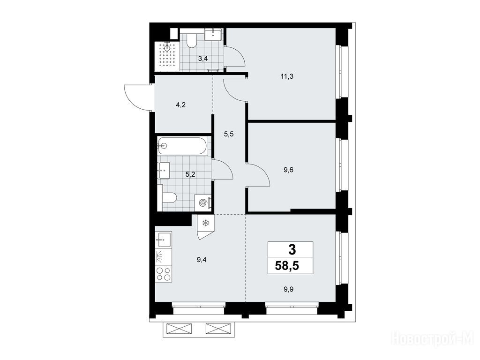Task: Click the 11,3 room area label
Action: (x=287, y=76)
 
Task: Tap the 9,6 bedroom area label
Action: (x=288, y=170)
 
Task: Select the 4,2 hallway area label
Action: (x=180, y=105)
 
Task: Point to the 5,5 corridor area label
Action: (x=229, y=134)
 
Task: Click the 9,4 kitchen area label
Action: (x=202, y=260)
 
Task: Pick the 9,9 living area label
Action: (x=288, y=289)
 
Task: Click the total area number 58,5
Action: (x=287, y=266)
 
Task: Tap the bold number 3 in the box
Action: (x=292, y=250)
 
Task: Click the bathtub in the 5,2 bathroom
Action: (x=184, y=145)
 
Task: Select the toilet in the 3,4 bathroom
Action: (x=192, y=40)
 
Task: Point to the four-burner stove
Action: (x=164, y=274)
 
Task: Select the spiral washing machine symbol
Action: (x=203, y=202)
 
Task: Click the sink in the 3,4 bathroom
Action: (x=213, y=35)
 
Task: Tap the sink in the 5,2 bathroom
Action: (x=164, y=170)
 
